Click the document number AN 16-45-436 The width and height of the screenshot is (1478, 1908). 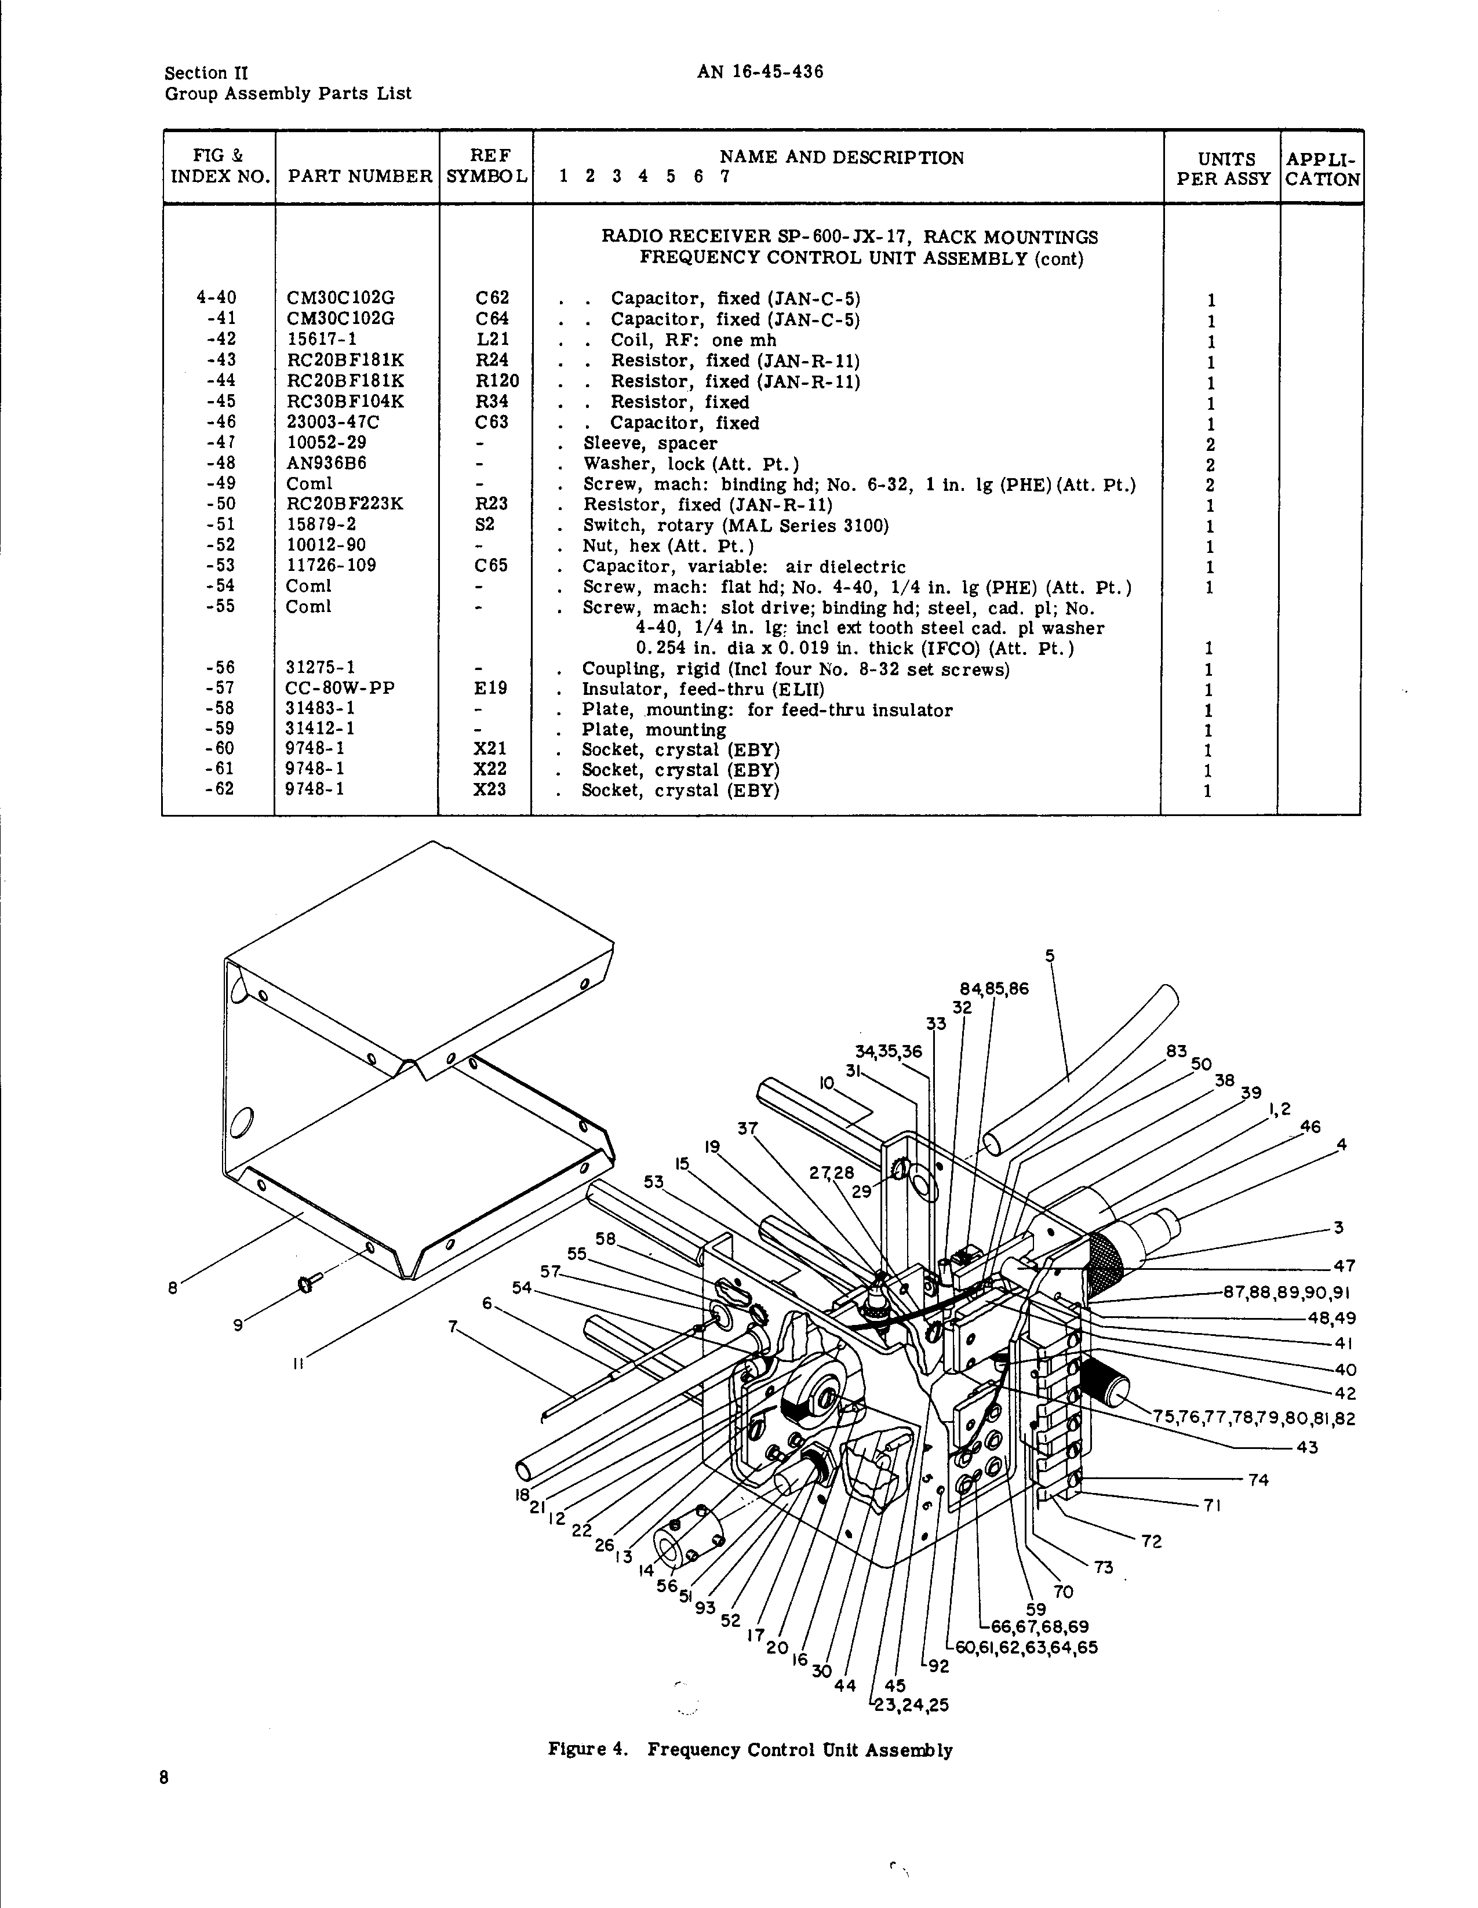759,72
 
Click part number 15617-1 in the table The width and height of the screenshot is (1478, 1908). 322,339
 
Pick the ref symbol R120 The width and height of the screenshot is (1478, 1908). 497,381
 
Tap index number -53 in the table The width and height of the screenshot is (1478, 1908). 220,565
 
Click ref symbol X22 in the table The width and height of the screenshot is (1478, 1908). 490,770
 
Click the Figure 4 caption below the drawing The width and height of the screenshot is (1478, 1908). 749,1750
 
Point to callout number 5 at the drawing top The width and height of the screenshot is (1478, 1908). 1050,956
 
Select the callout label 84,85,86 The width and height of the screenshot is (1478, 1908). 994,989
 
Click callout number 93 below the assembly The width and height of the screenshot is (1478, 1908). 705,1607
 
